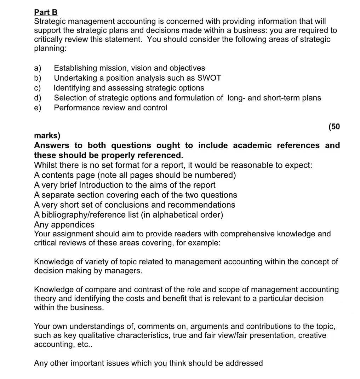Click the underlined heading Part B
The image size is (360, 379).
(x=46, y=12)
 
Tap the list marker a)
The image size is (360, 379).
(x=38, y=68)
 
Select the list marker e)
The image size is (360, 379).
(x=38, y=108)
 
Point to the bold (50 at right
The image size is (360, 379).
(x=334, y=127)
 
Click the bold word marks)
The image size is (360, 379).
(x=47, y=136)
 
